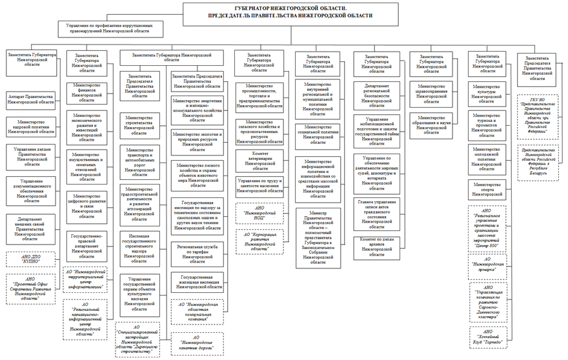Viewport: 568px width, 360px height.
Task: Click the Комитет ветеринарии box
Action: [259, 161]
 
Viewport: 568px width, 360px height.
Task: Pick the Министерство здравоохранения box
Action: [434, 93]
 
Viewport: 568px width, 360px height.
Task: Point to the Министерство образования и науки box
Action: [434, 123]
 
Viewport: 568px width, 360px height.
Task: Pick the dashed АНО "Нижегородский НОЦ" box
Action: [259, 214]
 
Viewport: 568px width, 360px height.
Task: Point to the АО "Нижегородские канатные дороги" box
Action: [198, 342]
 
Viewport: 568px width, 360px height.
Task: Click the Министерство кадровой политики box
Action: [28, 126]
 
